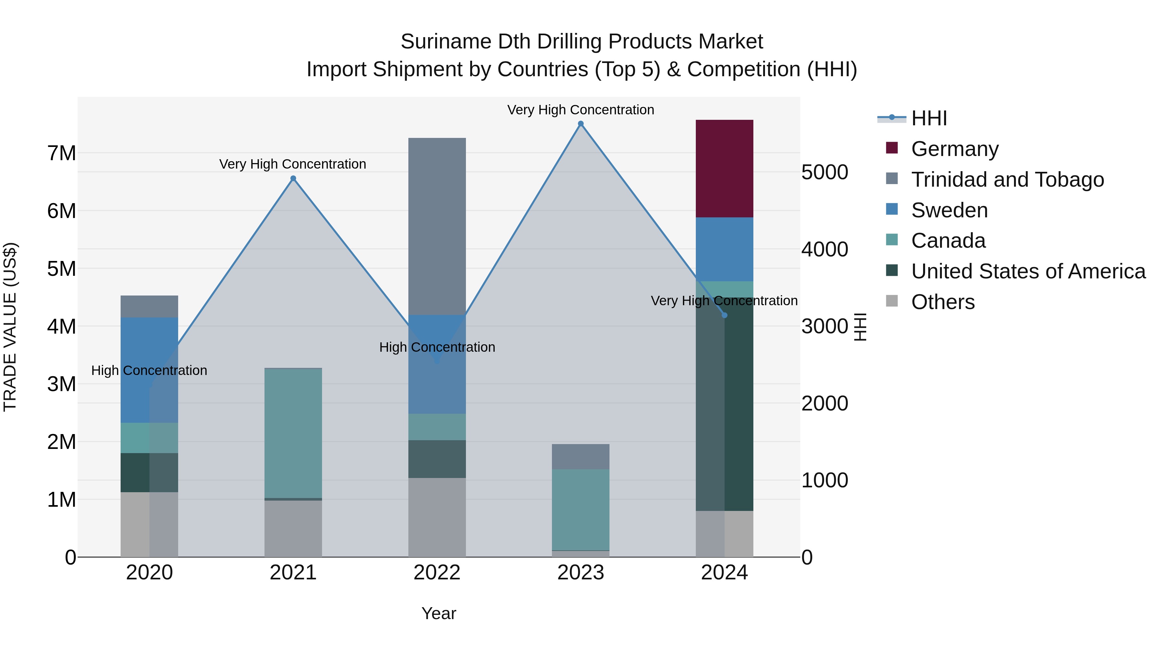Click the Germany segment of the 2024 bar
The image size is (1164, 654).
click(724, 168)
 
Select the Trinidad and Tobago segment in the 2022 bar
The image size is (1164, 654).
click(436, 226)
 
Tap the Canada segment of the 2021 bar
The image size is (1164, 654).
click(293, 433)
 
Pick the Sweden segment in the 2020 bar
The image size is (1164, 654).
click(149, 370)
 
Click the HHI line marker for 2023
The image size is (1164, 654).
click(581, 124)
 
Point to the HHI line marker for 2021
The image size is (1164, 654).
click(293, 178)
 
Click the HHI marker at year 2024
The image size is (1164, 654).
click(724, 315)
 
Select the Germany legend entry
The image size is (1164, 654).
click(954, 149)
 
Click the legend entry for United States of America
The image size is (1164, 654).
click(1028, 271)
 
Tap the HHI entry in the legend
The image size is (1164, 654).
click(929, 118)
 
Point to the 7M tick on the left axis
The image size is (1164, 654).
click(61, 153)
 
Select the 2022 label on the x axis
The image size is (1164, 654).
click(436, 572)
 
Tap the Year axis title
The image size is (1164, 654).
click(438, 613)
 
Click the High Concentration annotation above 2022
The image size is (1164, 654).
click(436, 347)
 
